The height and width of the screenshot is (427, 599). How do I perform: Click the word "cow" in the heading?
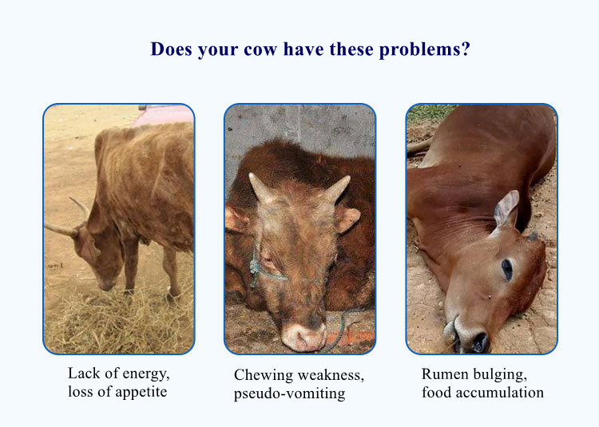(x=260, y=49)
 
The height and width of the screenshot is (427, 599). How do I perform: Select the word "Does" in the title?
(x=171, y=49)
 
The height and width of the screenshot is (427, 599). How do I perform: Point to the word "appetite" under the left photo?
(x=141, y=392)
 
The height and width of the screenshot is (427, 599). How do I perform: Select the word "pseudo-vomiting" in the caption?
(x=290, y=393)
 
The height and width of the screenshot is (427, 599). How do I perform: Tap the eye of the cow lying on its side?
(x=506, y=270)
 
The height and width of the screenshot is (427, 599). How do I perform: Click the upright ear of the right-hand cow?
(x=506, y=209)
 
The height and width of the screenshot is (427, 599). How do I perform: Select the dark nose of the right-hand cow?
(x=478, y=342)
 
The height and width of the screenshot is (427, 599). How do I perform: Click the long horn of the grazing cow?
(x=61, y=229)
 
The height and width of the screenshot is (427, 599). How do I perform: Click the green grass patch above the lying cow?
(x=430, y=113)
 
